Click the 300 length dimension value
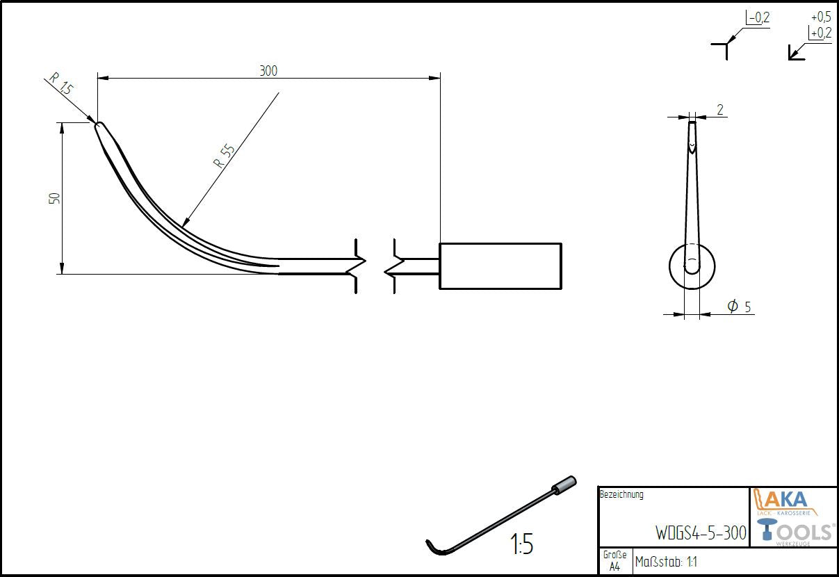coord(268,70)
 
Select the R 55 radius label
coord(224,156)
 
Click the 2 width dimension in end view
coord(719,109)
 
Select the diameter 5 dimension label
coord(739,306)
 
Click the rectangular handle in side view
coord(500,266)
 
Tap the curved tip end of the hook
coord(99,127)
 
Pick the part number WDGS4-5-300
coord(701,533)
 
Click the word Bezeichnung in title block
coord(621,495)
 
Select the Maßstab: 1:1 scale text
coord(665,562)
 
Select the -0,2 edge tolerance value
coord(758,18)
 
